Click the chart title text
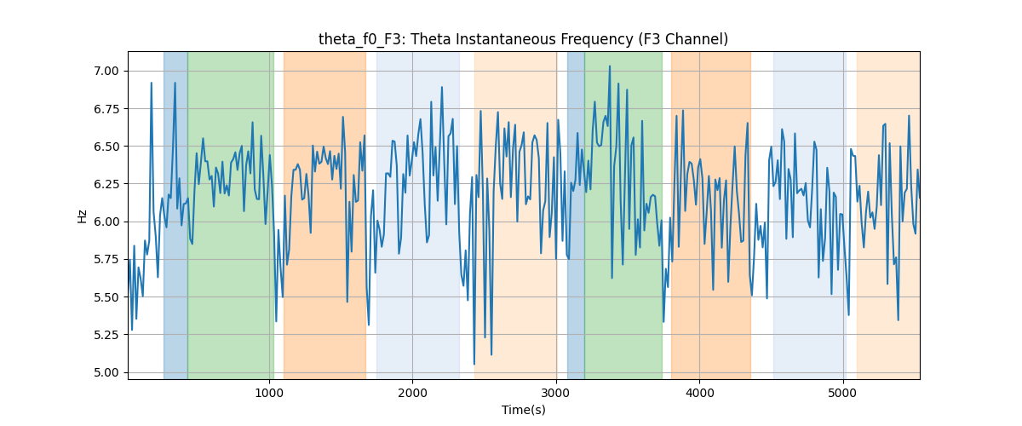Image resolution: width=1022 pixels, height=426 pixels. tap(523, 39)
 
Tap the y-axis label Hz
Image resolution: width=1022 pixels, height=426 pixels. tap(82, 216)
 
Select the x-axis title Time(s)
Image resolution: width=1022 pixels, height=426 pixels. tap(523, 410)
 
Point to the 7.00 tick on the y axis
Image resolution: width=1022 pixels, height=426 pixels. tap(106, 72)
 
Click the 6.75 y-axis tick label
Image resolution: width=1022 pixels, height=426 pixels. tap(106, 109)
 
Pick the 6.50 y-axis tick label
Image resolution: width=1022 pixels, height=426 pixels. tap(106, 147)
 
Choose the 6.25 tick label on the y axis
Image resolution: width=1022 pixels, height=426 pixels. tap(106, 185)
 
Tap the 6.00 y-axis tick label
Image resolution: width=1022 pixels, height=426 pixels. tap(106, 222)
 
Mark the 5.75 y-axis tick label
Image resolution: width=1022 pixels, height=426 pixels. tap(106, 260)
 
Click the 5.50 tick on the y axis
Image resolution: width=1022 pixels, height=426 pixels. tap(106, 297)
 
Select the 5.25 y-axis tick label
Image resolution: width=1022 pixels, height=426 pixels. tap(106, 335)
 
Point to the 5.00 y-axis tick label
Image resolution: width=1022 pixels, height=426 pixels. tap(106, 372)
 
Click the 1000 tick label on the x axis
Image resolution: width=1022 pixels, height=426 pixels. tap(269, 393)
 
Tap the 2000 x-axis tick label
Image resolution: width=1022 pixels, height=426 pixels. tap(412, 393)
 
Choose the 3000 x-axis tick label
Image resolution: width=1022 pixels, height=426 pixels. tap(556, 393)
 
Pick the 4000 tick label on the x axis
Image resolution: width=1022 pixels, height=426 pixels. tap(699, 393)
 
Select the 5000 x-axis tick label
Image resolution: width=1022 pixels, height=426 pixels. tap(842, 393)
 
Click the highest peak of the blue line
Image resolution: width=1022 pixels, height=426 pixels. tap(610, 66)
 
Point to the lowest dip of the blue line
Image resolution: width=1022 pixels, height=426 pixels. tap(474, 365)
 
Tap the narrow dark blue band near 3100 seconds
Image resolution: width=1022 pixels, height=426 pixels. tap(576, 215)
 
